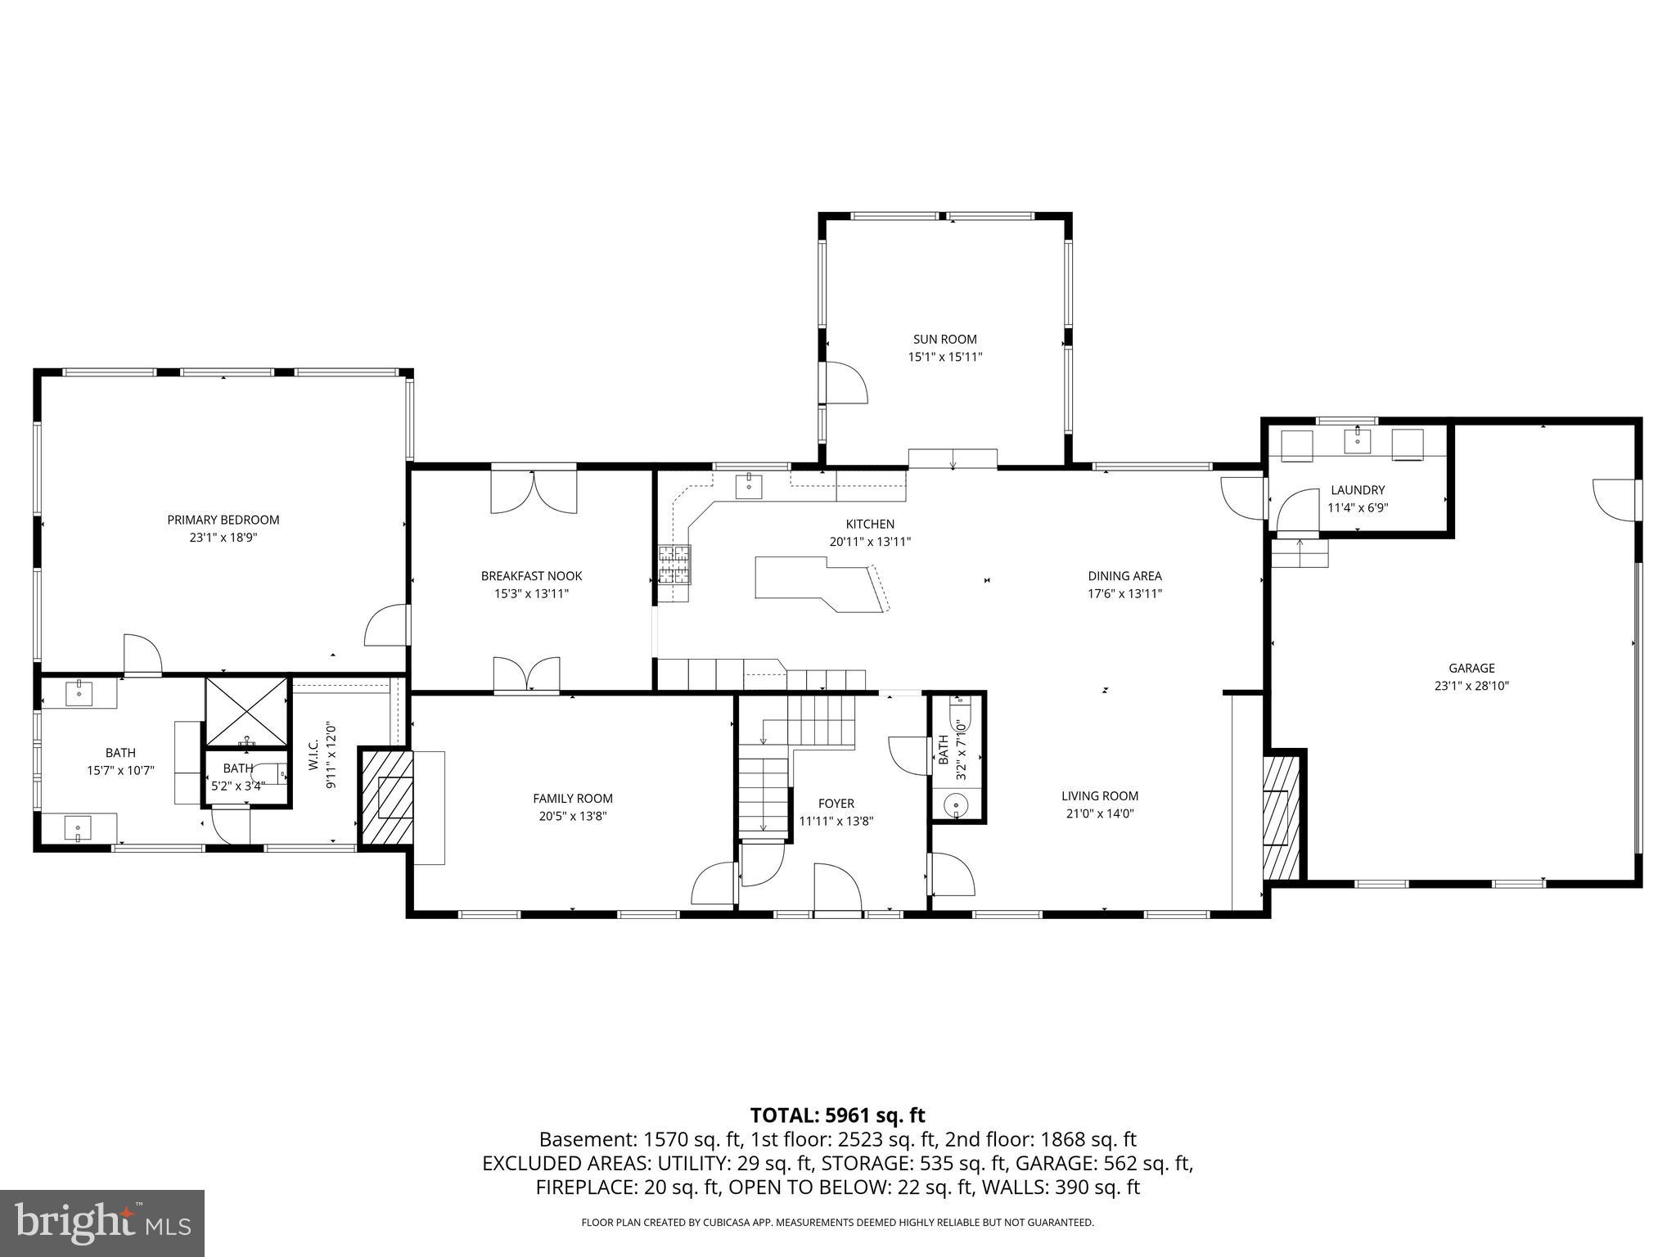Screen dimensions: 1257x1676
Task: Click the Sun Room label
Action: (944, 339)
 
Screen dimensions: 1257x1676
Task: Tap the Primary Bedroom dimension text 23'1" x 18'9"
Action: (223, 538)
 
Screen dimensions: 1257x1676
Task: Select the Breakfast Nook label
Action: (531, 576)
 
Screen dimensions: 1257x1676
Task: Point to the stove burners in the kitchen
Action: (675, 565)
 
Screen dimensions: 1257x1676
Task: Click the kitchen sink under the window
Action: (749, 486)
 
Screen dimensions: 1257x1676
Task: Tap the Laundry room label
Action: (1357, 490)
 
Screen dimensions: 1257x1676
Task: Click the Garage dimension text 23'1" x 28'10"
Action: (1471, 686)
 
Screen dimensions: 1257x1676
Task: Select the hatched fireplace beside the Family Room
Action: (387, 797)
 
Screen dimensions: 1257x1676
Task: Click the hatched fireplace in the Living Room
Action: (1281, 816)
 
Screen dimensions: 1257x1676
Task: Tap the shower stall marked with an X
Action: (246, 710)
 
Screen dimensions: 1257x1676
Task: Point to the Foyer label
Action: (836, 804)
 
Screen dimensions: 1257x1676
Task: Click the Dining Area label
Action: (1124, 576)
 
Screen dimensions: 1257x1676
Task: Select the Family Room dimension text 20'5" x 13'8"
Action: (572, 816)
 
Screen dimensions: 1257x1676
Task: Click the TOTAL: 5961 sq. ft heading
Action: (837, 1115)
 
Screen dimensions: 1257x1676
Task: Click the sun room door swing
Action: (845, 383)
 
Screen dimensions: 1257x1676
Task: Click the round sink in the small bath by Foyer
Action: (955, 806)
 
